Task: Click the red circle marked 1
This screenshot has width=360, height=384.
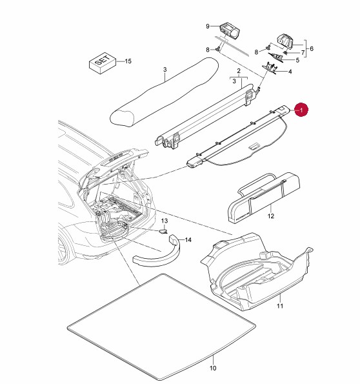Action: point(301,110)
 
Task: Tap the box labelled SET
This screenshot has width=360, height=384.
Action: point(103,63)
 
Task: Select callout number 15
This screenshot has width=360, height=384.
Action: point(128,61)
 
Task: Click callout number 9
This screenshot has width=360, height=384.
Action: point(208,26)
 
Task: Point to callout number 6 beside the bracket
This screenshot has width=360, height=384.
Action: point(311,48)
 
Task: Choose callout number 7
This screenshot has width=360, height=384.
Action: point(303,53)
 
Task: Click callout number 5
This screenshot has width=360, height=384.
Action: point(297,60)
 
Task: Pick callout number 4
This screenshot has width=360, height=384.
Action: point(290,72)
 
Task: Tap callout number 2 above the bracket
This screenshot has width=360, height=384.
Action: point(239,71)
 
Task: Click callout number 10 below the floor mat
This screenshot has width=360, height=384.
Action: point(213,368)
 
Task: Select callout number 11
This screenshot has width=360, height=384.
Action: point(279,306)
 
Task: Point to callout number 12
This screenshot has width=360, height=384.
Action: point(270,216)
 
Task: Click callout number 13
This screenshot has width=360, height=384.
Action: point(165,221)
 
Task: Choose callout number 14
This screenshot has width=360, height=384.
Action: point(188,239)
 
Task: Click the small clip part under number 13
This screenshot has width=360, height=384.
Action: point(163,231)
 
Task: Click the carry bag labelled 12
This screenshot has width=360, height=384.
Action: point(264,197)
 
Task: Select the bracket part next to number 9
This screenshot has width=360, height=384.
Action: point(230,30)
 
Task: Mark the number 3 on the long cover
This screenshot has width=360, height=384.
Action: point(165,70)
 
